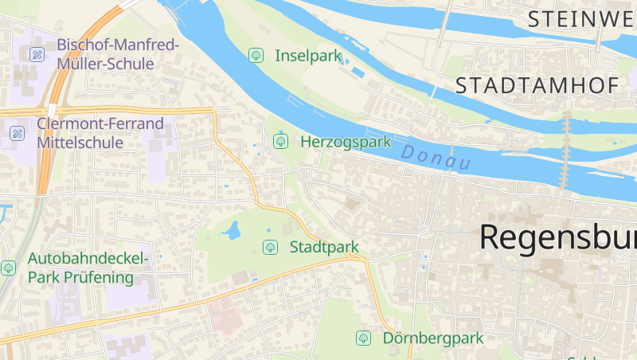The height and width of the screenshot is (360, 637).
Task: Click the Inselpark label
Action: click(308, 56)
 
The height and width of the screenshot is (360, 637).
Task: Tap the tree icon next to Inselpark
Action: click(256, 56)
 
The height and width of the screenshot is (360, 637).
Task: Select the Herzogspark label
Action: click(346, 143)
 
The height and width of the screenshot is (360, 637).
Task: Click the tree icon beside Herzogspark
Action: click(280, 142)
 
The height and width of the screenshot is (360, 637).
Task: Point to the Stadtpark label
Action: click(324, 247)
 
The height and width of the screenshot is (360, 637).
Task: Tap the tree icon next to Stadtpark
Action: click(270, 247)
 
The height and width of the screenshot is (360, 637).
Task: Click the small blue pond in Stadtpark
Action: click(233, 231)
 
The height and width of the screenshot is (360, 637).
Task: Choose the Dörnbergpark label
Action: click(432, 338)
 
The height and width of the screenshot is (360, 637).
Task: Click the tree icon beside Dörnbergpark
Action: click(363, 338)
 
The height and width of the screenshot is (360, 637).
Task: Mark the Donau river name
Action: click(436, 157)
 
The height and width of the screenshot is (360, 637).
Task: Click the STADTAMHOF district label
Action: click(537, 86)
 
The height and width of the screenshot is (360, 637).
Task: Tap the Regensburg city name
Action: click(557, 237)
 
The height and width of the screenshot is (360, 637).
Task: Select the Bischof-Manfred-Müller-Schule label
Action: click(118, 53)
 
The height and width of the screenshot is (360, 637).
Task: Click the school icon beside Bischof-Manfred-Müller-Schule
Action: click(37, 54)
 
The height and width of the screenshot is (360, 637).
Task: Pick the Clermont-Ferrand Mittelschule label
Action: click(100, 133)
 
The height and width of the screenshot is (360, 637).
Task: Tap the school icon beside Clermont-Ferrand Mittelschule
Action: click(17, 133)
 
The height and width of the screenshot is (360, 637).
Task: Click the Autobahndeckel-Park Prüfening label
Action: click(88, 268)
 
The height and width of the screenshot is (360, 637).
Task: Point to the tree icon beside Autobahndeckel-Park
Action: click(8, 268)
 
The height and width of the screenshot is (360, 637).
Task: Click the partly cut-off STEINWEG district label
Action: click(581, 18)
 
